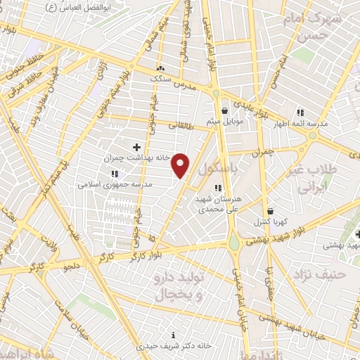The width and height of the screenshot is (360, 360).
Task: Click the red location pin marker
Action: (x=181, y=165)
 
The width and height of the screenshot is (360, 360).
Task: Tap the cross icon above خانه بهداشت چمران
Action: (x=136, y=147)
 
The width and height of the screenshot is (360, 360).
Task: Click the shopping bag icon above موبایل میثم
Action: (x=224, y=110)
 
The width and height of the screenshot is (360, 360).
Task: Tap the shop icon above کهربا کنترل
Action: (x=270, y=211)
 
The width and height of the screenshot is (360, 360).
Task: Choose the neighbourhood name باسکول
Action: (x=215, y=169)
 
